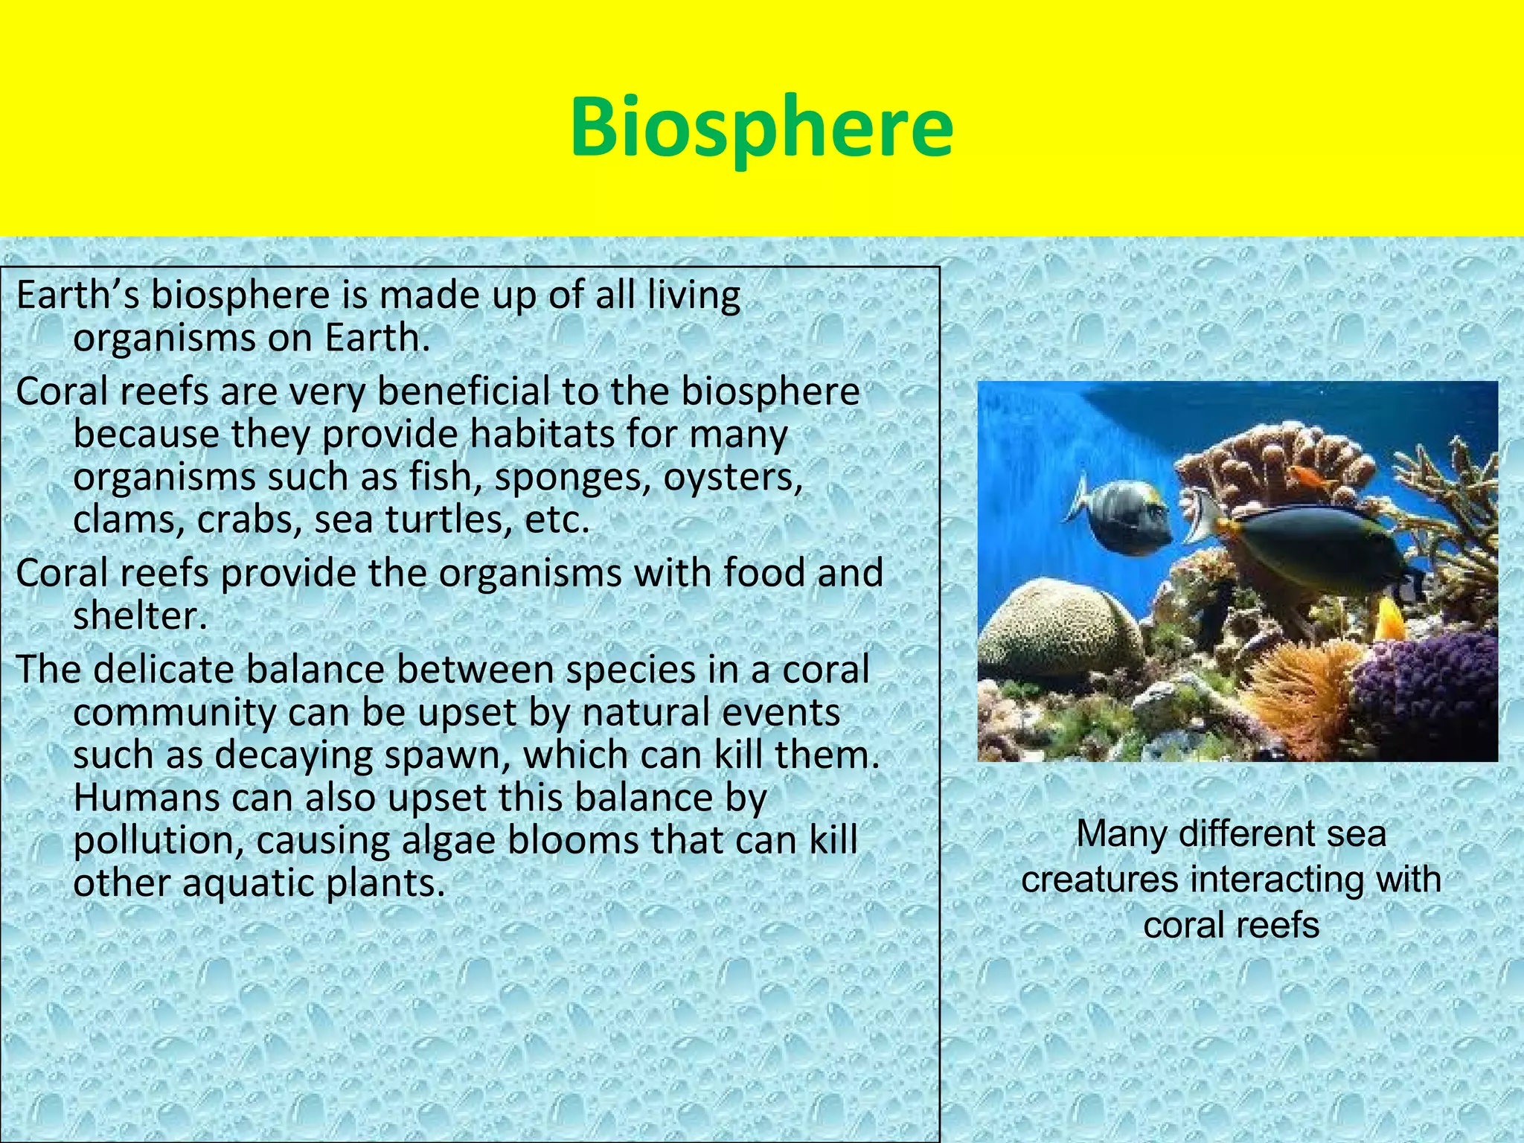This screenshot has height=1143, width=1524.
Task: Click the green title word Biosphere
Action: pos(761,129)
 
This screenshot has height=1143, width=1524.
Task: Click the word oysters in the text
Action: pos(733,477)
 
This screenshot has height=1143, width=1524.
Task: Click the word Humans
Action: pos(147,798)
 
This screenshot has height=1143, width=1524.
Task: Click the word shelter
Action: pos(139,616)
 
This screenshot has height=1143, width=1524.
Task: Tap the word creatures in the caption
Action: pos(1100,879)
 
